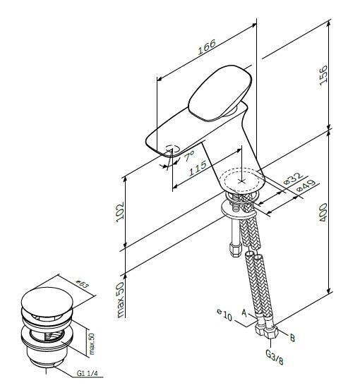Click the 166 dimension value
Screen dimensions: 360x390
click(207, 47)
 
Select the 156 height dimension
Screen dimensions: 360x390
click(323, 75)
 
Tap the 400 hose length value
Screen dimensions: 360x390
click(323, 212)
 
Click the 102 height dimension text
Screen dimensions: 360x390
click(120, 211)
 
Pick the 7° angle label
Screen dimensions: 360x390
click(189, 157)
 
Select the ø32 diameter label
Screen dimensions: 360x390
click(293, 178)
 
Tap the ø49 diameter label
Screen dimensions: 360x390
click(306, 186)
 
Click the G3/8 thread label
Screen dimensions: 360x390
click(275, 357)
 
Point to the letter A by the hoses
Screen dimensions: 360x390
click(244, 313)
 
